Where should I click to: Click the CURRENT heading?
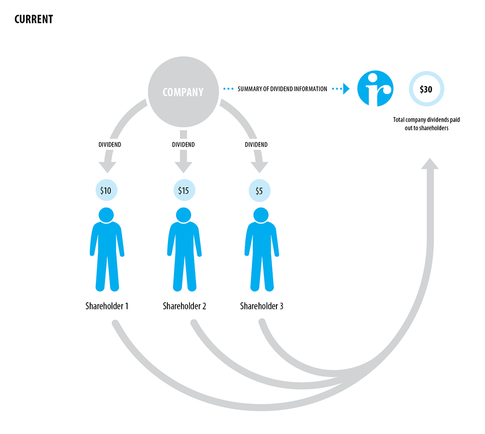(33, 19)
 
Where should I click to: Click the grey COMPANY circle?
(183, 91)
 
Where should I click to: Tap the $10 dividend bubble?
(106, 191)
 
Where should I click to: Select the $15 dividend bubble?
(183, 191)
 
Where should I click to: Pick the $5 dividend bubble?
(259, 191)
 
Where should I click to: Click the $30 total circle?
(426, 89)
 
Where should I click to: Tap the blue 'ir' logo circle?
(375, 89)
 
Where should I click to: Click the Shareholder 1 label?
(107, 306)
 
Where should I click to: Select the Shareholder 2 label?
(184, 306)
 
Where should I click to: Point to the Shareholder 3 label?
(261, 306)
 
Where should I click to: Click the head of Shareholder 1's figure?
(106, 215)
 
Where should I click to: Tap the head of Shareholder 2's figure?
(183, 215)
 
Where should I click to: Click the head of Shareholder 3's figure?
(261, 215)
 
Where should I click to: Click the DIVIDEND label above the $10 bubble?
(110, 144)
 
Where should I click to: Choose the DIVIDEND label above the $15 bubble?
(183, 144)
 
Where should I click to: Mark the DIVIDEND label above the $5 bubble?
(256, 144)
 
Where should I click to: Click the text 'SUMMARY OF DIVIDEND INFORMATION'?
(282, 89)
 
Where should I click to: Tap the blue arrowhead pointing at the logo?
(345, 89)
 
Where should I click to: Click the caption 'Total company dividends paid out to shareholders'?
(426, 124)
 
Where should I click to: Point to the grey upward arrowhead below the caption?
(429, 163)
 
